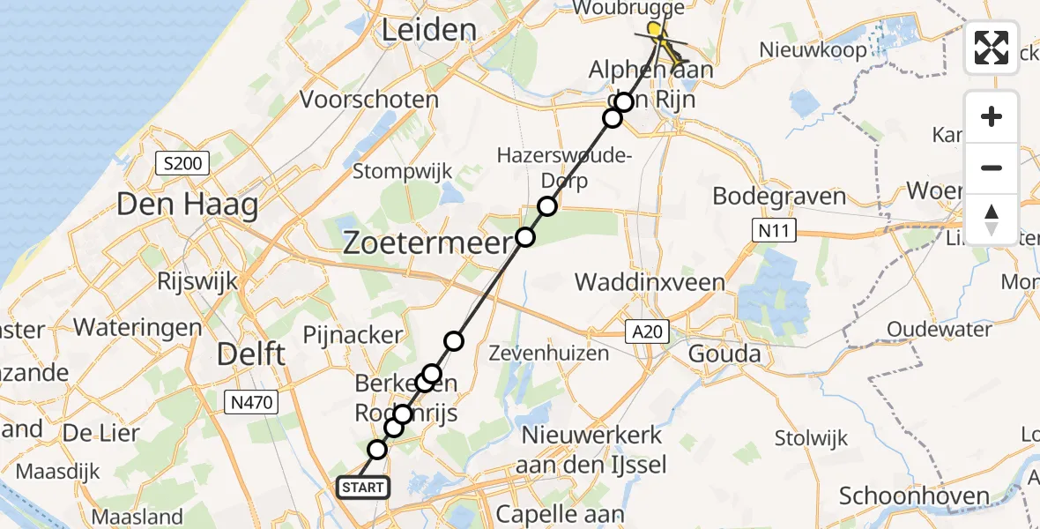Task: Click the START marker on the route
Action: click(361, 488)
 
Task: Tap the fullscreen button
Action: click(992, 48)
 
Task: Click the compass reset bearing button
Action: click(992, 219)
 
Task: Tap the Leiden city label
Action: click(428, 30)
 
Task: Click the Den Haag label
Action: click(188, 206)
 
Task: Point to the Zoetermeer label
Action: click(427, 242)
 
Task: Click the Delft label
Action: click(251, 354)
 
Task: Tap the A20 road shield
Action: click(648, 332)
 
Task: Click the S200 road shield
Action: click(182, 163)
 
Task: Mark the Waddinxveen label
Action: click(650, 283)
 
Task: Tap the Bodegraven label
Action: click(779, 197)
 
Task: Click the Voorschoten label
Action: click(369, 100)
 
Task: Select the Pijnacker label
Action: click(353, 335)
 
